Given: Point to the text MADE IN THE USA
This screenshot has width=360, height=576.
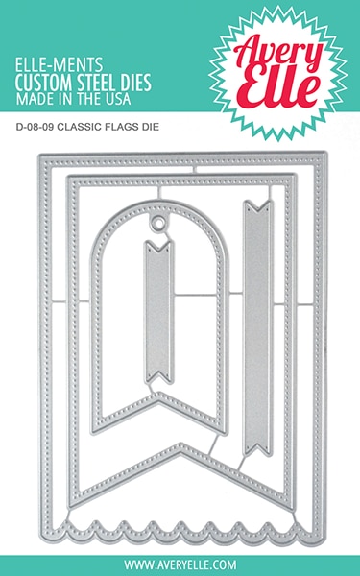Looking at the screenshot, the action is [90, 79].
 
